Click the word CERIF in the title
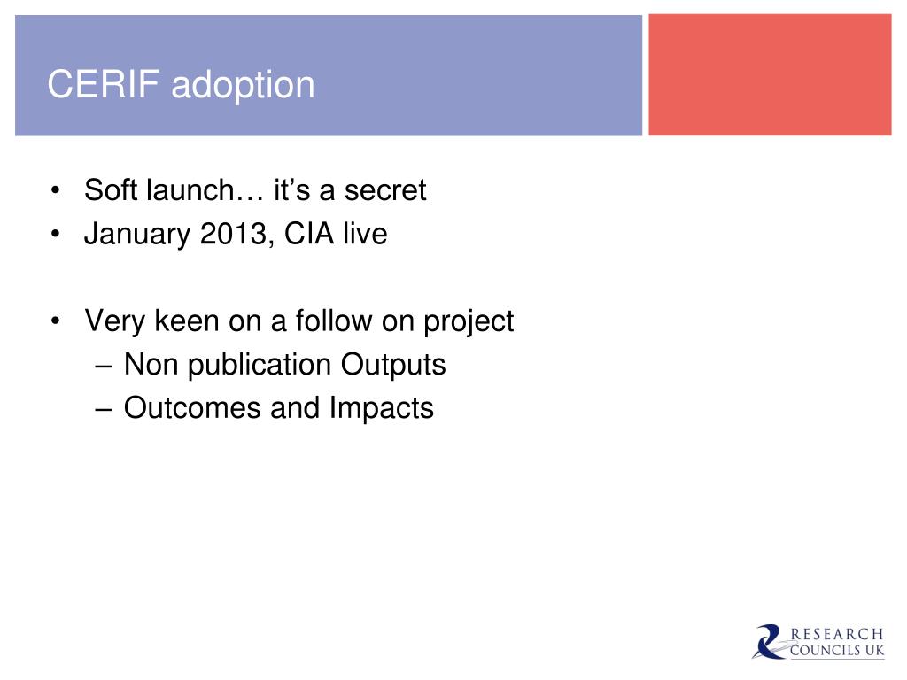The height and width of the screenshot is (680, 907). click(x=103, y=84)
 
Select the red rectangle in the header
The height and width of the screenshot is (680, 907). click(x=770, y=75)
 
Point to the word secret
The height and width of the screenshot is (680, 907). click(x=385, y=191)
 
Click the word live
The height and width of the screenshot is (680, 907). click(x=365, y=234)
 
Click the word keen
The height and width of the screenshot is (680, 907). click(x=188, y=321)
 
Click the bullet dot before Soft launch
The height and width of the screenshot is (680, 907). click(x=56, y=190)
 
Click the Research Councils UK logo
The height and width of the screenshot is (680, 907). click(x=818, y=642)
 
